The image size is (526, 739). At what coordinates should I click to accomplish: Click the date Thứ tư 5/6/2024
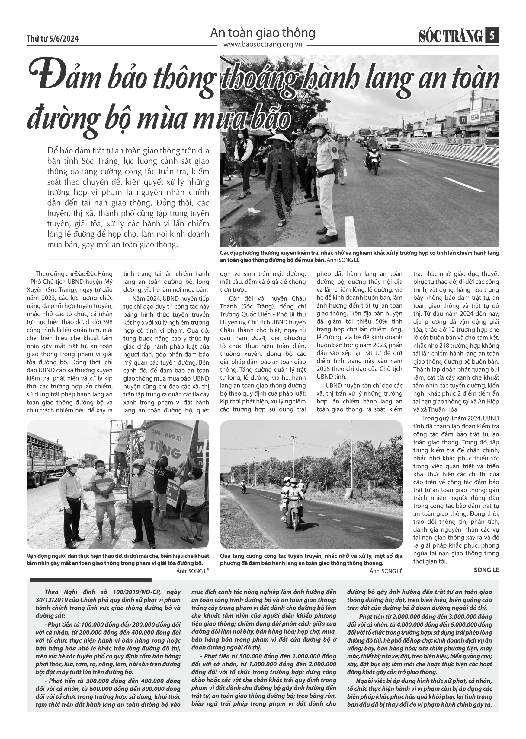(x=53, y=39)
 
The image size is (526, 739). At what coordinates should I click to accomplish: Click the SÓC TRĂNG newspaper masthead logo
(x=451, y=36)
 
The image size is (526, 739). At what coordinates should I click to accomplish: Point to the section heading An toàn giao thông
(x=263, y=33)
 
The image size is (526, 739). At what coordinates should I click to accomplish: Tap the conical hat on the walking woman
(x=277, y=139)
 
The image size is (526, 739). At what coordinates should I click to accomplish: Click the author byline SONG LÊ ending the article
(x=486, y=570)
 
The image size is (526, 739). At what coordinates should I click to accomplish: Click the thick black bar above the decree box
(x=90, y=580)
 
